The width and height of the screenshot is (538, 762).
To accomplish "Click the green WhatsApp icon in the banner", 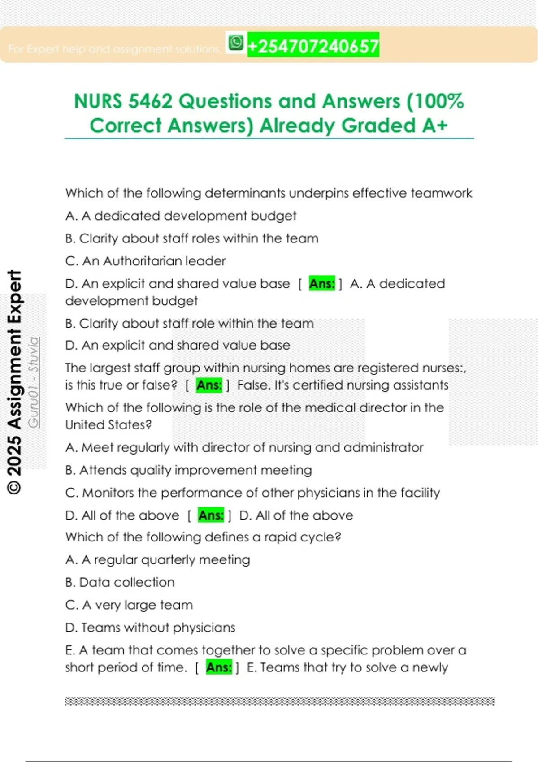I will pos(236,43).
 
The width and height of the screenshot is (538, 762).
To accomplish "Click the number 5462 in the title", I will pos(150,101).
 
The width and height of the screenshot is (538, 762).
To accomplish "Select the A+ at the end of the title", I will pos(434,126).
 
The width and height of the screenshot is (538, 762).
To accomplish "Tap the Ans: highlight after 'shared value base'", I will pos(322,284).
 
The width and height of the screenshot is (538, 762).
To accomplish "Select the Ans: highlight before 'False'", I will pos(209,385).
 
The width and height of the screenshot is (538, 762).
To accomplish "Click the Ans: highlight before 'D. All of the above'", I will pos(211,515).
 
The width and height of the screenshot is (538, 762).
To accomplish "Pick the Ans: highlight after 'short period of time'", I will pos(219,667).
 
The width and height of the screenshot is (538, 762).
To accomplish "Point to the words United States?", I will pos(108,424).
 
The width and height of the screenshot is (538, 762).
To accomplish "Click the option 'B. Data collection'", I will pos(120,582).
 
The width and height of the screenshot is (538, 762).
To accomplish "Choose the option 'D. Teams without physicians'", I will pos(150,628).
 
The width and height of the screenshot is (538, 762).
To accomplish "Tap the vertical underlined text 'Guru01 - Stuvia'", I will pos(34,382).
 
